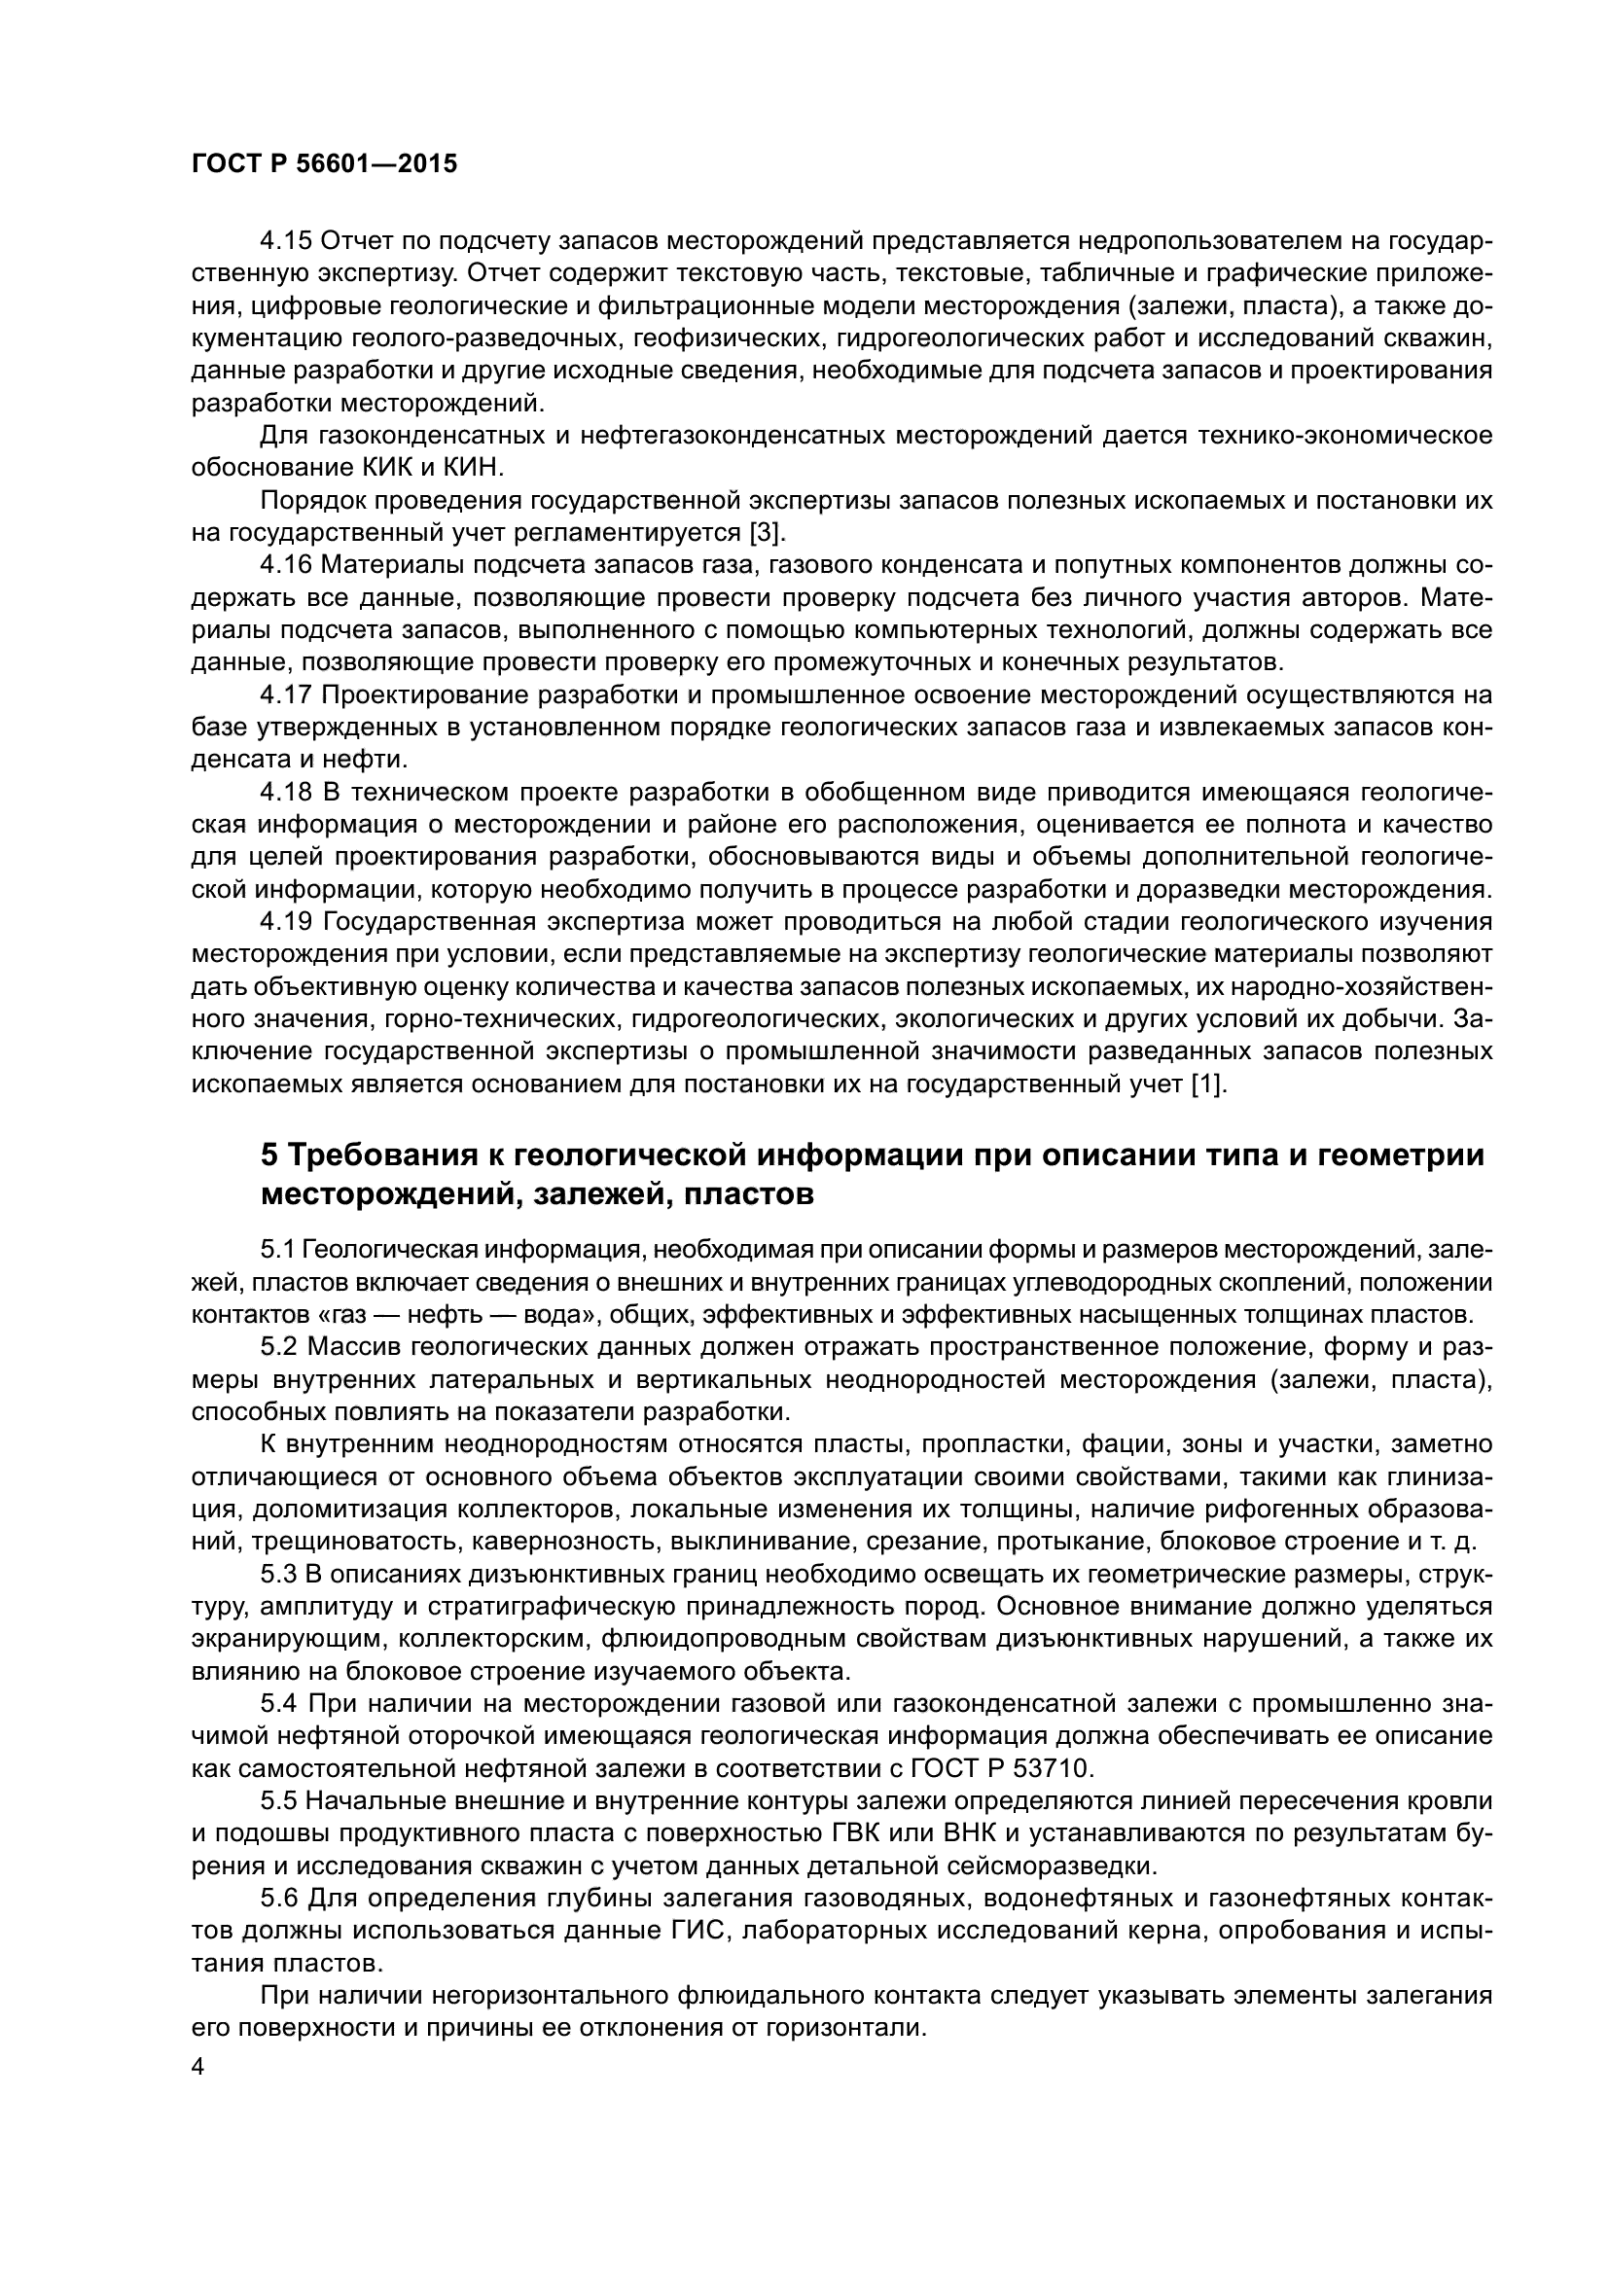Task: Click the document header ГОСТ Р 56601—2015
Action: pyautogui.click(x=324, y=164)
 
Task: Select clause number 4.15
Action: pyautogui.click(x=285, y=241)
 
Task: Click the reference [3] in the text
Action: pyautogui.click(x=765, y=533)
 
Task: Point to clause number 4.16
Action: pyautogui.click(x=285, y=566)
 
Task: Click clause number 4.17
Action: pyautogui.click(x=285, y=695)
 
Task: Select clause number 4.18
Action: pyautogui.click(x=285, y=793)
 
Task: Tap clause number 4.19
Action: pyautogui.click(x=285, y=922)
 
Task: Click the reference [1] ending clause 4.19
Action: pyautogui.click(x=1208, y=1084)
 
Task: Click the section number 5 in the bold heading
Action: pyautogui.click(x=269, y=1155)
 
